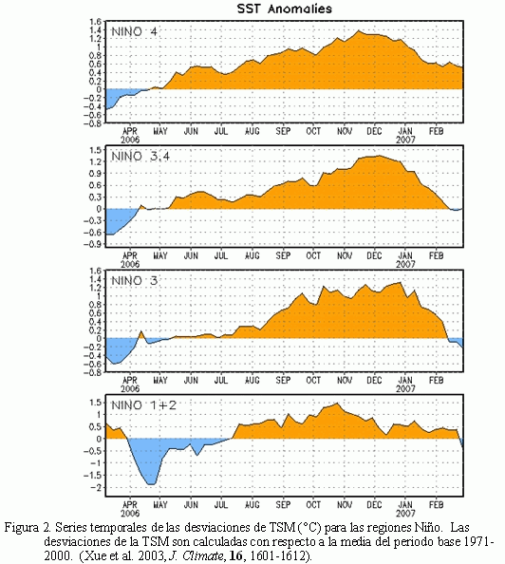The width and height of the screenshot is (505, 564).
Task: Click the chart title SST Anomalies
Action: (x=284, y=9)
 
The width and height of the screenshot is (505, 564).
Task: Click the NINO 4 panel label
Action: (x=134, y=32)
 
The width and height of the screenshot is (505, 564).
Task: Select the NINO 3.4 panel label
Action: (x=140, y=157)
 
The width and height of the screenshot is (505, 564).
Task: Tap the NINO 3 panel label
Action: (x=134, y=281)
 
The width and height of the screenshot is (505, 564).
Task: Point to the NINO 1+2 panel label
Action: (x=144, y=405)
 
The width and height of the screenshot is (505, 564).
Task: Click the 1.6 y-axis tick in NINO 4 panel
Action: (x=96, y=22)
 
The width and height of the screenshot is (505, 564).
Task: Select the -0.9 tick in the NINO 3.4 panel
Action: (x=93, y=244)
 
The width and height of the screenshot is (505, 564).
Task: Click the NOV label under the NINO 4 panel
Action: (x=345, y=131)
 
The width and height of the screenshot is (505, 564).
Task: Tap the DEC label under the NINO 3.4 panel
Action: (x=374, y=255)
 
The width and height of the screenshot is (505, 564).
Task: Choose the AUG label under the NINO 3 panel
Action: (x=252, y=380)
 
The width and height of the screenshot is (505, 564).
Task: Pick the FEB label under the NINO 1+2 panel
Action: (x=436, y=504)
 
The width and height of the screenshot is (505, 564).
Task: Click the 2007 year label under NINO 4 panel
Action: (x=405, y=140)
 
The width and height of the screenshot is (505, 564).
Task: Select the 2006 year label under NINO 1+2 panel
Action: (x=130, y=513)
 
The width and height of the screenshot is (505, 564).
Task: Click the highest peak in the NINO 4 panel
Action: (x=358, y=31)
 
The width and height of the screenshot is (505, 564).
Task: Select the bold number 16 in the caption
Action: (x=235, y=555)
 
